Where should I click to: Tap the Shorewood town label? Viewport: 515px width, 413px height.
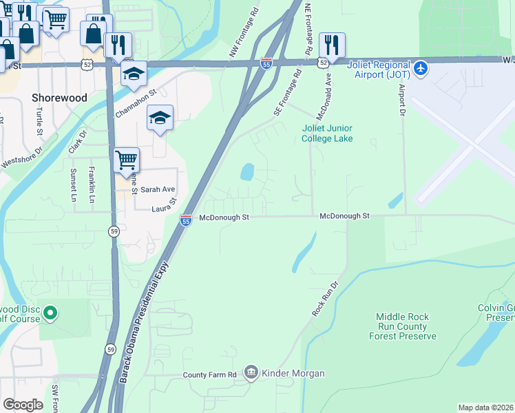click(x=60, y=98)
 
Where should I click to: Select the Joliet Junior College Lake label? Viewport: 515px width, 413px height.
click(x=327, y=133)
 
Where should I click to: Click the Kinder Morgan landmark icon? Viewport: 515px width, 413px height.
click(x=251, y=373)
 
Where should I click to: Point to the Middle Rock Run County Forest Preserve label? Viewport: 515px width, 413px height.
click(x=403, y=326)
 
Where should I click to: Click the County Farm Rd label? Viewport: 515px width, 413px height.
click(x=210, y=374)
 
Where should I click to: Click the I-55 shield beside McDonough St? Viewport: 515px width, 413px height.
click(x=186, y=220)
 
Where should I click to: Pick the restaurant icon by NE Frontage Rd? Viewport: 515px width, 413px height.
click(x=332, y=45)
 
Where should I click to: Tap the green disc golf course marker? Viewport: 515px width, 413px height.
click(x=50, y=314)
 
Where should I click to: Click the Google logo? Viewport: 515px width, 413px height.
click(x=23, y=405)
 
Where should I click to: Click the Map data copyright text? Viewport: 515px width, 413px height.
click(x=485, y=407)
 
